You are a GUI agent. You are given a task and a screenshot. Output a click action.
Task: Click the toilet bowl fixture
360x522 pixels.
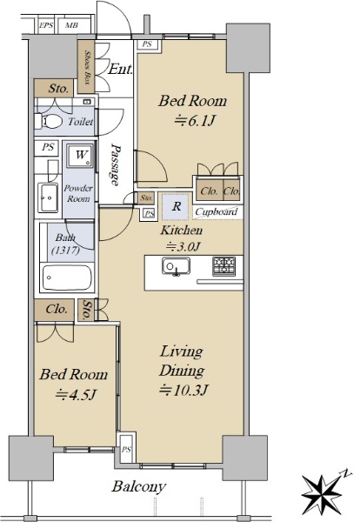(x=49, y=122)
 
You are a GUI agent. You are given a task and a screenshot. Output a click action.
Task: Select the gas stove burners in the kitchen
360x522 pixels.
(x=224, y=266)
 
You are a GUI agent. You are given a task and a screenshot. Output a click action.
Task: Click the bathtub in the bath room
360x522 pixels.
(x=67, y=278)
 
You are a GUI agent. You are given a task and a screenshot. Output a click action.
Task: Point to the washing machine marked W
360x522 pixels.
(x=80, y=155)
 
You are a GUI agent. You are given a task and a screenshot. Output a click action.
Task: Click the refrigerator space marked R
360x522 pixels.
(x=176, y=206)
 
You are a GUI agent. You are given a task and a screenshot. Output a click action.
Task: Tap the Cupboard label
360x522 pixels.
(x=217, y=212)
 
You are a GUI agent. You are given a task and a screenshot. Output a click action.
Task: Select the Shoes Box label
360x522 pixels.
(x=88, y=67)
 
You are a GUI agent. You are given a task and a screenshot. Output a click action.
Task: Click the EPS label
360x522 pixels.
(x=46, y=25)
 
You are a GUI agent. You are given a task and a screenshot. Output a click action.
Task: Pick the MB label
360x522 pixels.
(x=72, y=25)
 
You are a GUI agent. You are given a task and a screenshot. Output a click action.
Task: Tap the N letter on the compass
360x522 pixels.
(x=346, y=473)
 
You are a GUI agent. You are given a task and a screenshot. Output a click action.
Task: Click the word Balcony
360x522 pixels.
(x=138, y=486)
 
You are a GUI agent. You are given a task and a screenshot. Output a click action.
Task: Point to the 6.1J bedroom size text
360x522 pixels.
(x=194, y=122)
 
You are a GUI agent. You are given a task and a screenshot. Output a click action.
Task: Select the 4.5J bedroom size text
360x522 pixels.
(x=76, y=395)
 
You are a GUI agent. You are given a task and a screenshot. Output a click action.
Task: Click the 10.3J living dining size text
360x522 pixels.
(x=183, y=390)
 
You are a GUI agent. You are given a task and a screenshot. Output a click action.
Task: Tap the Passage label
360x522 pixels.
(x=115, y=164)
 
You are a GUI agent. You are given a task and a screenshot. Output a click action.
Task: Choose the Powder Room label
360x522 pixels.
(x=78, y=193)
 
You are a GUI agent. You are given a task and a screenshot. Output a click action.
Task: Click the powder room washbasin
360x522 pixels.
(x=49, y=198)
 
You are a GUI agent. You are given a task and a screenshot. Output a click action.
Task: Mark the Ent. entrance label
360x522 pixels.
(x=121, y=70)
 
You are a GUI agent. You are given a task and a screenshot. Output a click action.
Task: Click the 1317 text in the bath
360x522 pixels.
(x=65, y=250)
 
